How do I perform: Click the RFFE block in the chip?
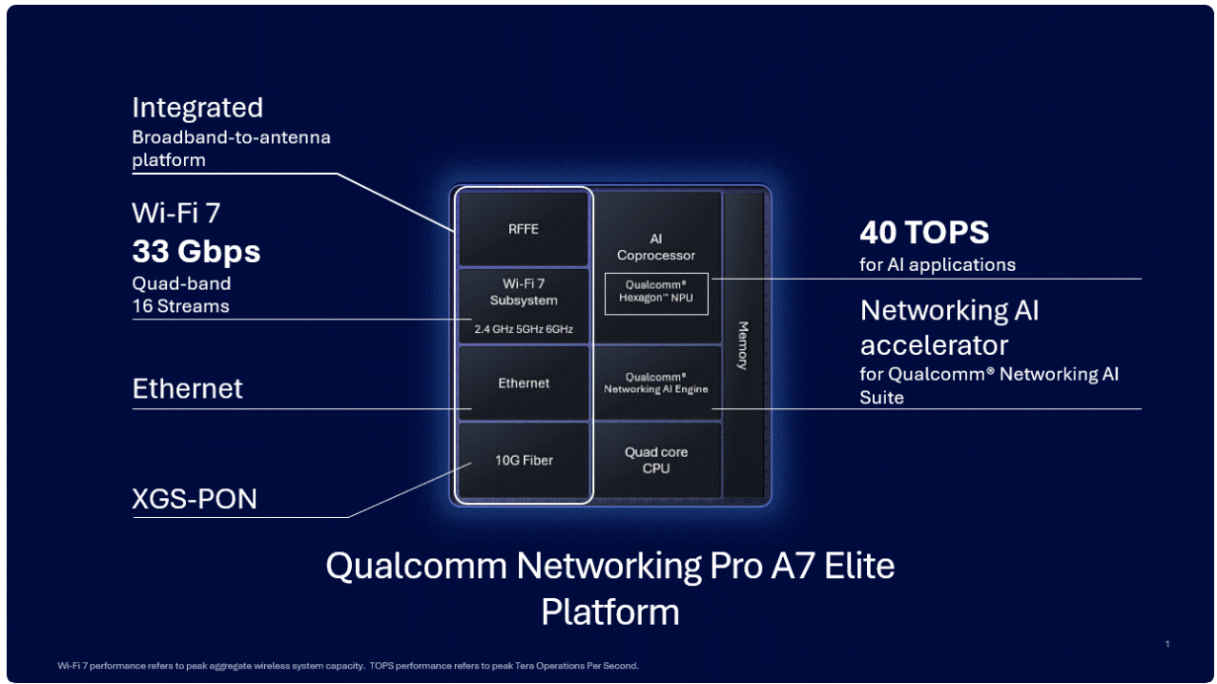523,229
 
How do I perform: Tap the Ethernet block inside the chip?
523,383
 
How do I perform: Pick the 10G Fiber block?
523,461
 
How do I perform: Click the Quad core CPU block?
656,460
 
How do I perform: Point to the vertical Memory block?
743,344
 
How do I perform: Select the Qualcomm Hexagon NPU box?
656,292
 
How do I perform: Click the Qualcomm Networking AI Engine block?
656,383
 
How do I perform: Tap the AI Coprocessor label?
656,247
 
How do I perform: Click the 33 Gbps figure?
196,252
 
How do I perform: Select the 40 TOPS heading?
924,233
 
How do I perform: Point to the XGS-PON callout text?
195,498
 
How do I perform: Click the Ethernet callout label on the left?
188,388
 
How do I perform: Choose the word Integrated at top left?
197,107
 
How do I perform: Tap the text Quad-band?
181,283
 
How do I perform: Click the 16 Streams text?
180,306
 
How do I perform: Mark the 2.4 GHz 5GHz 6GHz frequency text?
523,330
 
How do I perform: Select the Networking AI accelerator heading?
949,327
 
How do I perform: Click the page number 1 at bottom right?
1167,645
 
